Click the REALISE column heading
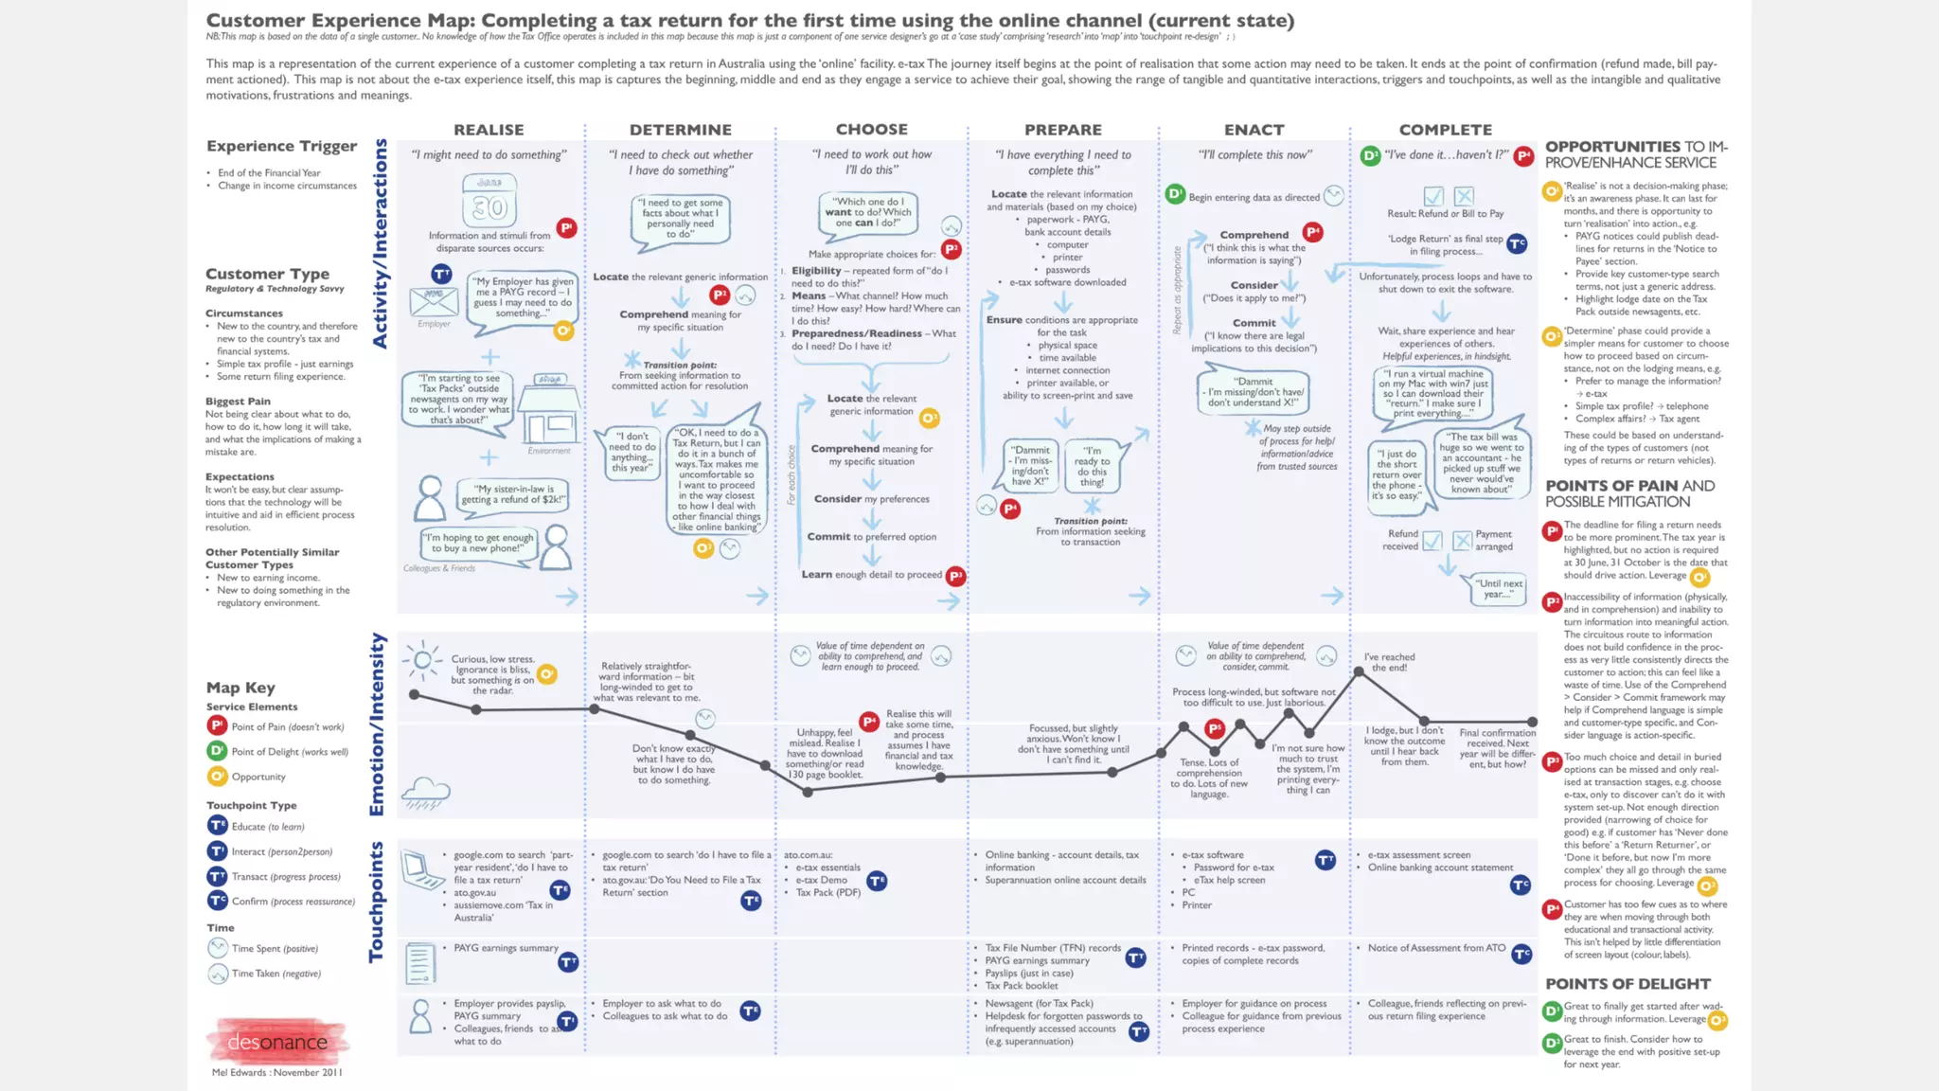pos(489,130)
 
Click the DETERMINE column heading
pos(680,130)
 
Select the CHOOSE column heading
pos(871,130)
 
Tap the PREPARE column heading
pos(1062,130)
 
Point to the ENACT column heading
pos(1254,130)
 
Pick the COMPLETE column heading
pos(1445,130)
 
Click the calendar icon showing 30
pos(489,200)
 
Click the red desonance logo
pos(277,1042)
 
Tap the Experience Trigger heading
pos(281,146)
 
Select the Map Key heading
pos(240,688)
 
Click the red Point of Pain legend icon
pos(217,726)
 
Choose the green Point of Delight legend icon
pos(217,751)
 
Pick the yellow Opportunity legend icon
pos(217,777)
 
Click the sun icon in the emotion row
pos(422,660)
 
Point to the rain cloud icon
pos(425,792)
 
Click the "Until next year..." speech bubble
pos(1497,589)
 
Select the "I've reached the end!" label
pos(1389,662)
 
